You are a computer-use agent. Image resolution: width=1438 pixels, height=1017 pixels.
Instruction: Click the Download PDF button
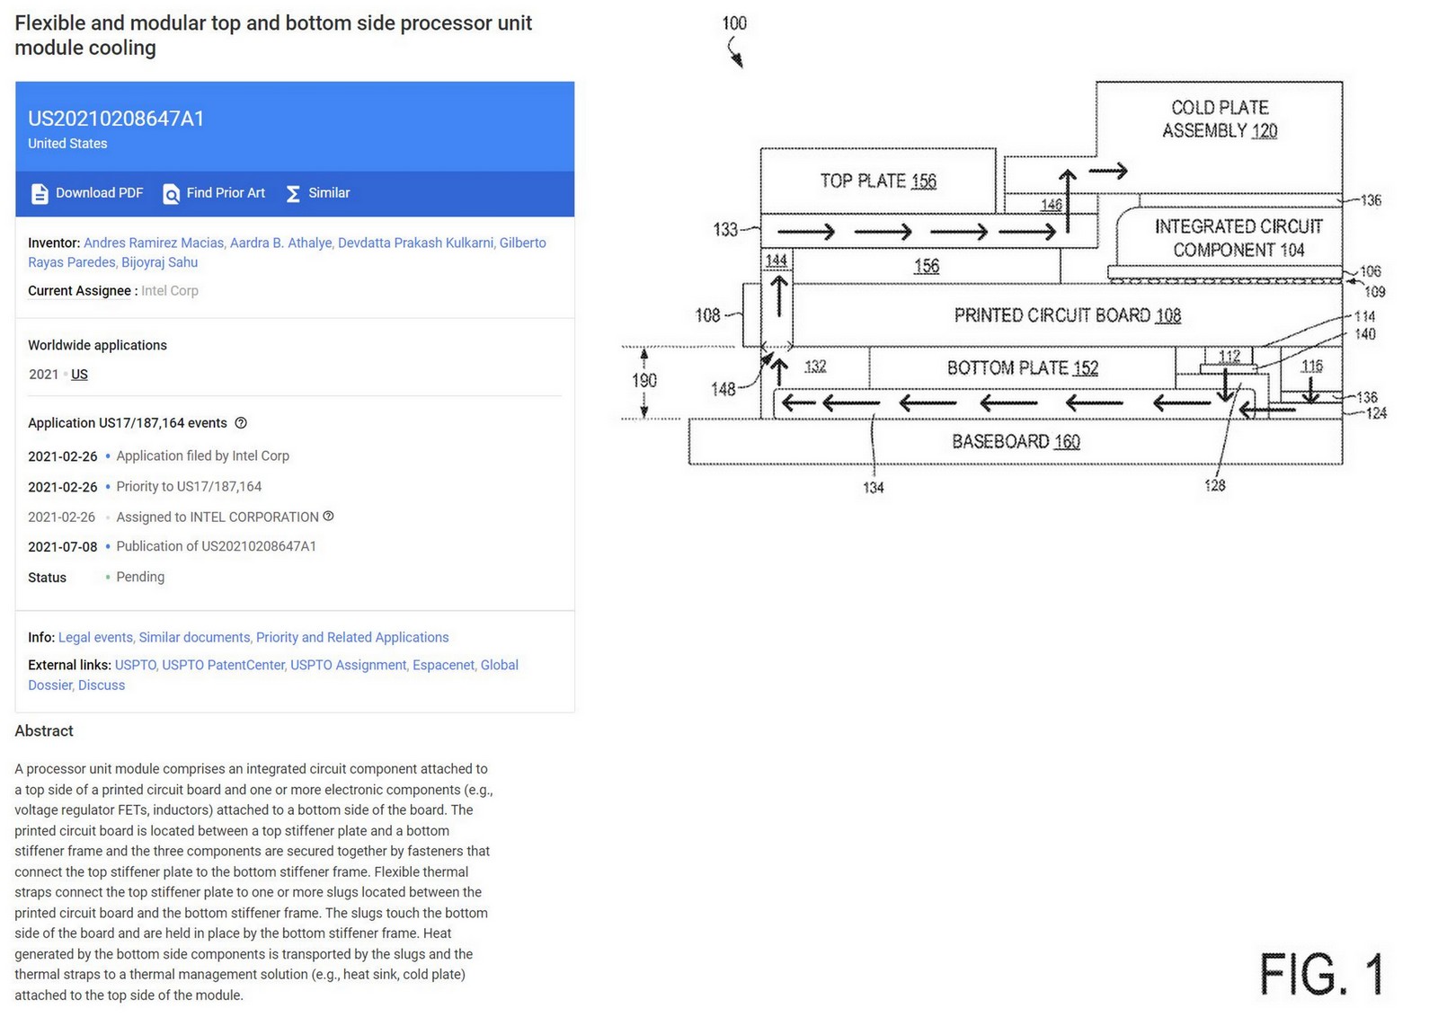(x=88, y=193)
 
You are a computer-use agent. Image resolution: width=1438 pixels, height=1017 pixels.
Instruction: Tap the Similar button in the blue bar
(x=318, y=193)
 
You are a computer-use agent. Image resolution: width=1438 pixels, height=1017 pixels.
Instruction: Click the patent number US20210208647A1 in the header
(x=116, y=119)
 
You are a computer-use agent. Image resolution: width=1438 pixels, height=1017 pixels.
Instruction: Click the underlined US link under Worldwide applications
(x=79, y=375)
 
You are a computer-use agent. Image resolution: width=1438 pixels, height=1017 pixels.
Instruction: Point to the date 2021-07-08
(x=62, y=546)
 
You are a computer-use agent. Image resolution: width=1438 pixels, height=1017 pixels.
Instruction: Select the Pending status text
(x=140, y=577)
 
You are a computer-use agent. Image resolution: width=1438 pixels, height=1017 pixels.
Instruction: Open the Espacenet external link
(x=443, y=665)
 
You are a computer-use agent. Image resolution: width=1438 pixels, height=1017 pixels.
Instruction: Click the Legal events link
(x=95, y=637)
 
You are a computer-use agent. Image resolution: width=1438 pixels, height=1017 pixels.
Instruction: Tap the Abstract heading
(x=44, y=731)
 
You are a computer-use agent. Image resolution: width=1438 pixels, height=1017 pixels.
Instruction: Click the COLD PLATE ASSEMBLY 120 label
(x=1220, y=119)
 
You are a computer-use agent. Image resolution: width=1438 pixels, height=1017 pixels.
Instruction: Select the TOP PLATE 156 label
(x=878, y=181)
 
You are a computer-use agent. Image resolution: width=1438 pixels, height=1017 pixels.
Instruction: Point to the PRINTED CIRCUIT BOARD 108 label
(x=1067, y=315)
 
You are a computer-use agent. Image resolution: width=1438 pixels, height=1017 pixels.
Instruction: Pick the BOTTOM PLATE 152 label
(x=1022, y=367)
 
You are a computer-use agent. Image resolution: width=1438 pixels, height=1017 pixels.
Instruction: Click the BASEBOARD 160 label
(x=1016, y=441)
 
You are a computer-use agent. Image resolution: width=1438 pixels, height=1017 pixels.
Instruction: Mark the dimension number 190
(x=644, y=380)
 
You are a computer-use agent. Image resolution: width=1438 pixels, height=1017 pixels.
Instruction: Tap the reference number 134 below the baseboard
(x=873, y=487)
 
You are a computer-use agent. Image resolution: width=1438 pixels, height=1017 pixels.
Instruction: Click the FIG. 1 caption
(x=1320, y=974)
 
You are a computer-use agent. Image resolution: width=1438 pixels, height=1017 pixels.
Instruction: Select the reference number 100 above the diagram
(x=734, y=23)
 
